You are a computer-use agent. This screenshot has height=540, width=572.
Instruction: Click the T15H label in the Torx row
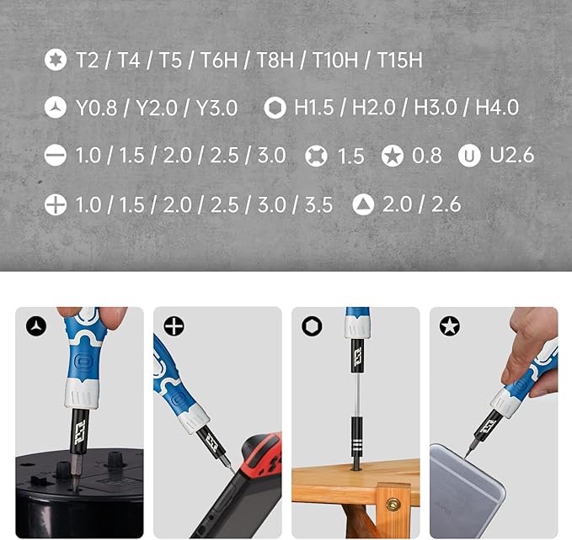[399, 60]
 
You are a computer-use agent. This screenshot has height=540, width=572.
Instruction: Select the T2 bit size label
[87, 60]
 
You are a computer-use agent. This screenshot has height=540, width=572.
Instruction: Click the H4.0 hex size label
[497, 108]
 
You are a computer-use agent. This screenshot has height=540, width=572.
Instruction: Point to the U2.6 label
[511, 156]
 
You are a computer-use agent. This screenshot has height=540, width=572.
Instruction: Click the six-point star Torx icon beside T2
[56, 60]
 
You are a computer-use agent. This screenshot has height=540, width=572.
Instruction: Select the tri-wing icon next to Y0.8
[56, 108]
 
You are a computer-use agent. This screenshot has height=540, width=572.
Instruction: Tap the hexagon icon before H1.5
[274, 108]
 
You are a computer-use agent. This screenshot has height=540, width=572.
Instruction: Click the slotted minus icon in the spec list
[56, 156]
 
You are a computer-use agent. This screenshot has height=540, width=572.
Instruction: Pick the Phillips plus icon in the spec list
[56, 204]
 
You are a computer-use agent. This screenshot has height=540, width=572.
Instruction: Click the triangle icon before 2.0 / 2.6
[363, 204]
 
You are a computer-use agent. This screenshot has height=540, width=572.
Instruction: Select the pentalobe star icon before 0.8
[392, 156]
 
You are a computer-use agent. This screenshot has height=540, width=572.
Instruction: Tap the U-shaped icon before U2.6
[469, 156]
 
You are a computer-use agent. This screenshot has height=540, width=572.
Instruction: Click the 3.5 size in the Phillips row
[319, 204]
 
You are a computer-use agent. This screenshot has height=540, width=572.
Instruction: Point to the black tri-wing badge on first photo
[35, 326]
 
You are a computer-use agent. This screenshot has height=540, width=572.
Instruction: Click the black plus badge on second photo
[174, 326]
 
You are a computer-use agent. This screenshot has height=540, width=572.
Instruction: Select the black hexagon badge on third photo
[312, 326]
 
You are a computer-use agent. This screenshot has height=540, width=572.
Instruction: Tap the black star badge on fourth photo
[450, 326]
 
